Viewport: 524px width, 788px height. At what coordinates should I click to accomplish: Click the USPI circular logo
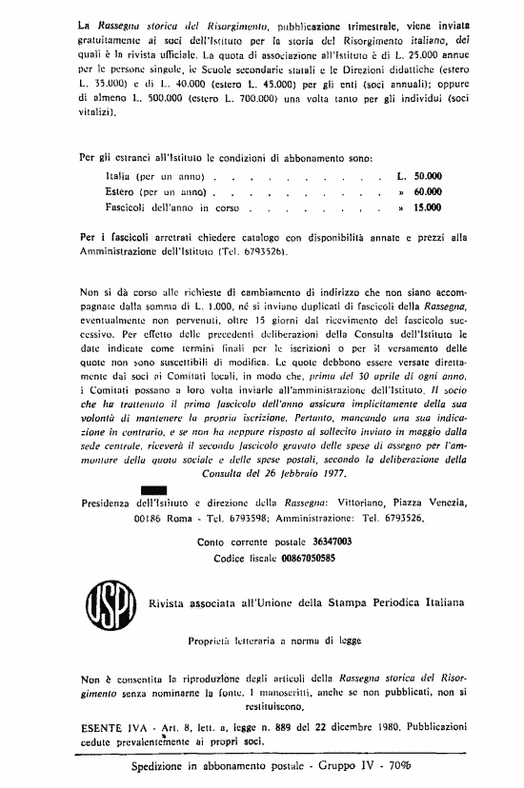click(x=103, y=602)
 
